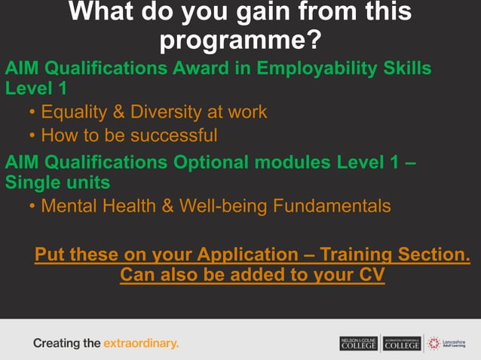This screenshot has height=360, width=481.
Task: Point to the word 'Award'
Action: point(216,69)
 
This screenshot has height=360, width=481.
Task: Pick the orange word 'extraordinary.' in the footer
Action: point(141,343)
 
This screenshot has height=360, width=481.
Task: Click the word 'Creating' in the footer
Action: point(56,343)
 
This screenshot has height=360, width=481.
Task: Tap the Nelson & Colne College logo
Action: point(358,343)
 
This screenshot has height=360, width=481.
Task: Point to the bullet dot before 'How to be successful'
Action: point(32,136)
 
